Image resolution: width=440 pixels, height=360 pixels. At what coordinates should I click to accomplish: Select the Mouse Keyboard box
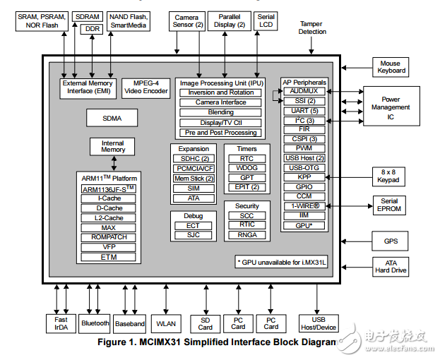(x=391, y=67)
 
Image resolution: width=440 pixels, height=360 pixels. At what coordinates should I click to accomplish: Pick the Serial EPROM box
(x=389, y=205)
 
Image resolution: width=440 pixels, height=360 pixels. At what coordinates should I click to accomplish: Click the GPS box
(x=391, y=241)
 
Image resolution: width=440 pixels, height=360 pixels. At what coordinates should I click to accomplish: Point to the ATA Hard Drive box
(x=391, y=267)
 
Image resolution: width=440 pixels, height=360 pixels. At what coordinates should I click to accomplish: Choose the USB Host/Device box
(x=318, y=323)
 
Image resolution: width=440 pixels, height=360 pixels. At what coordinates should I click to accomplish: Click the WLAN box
(x=165, y=323)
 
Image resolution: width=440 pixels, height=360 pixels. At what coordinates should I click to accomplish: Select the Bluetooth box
(x=95, y=323)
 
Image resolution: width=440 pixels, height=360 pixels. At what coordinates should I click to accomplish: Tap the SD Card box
(x=205, y=323)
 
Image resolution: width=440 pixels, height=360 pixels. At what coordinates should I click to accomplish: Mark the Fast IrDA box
(x=60, y=323)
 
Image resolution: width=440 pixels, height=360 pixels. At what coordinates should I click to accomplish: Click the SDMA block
(x=112, y=117)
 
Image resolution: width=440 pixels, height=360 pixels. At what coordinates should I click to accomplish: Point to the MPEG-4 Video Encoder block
(x=145, y=86)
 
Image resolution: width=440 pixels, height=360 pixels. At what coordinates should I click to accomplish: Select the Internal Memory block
(x=112, y=147)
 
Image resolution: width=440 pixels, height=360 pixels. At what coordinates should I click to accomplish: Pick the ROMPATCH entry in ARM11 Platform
(x=109, y=237)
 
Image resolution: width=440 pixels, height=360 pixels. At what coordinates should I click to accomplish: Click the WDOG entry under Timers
(x=246, y=168)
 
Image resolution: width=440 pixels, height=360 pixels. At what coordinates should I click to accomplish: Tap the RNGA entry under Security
(x=246, y=234)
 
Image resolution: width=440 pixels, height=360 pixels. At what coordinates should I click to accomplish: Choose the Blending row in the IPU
(x=221, y=112)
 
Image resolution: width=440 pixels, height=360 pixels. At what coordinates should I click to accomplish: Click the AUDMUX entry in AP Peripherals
(x=304, y=91)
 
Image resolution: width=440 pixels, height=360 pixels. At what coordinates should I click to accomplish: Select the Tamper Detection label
(x=311, y=28)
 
